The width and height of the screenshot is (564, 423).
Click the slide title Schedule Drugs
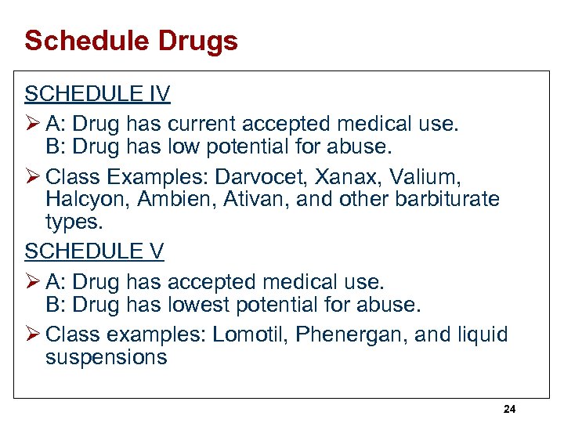[131, 41]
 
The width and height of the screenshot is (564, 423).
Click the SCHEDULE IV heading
[97, 95]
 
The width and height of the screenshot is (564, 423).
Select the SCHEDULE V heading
[95, 251]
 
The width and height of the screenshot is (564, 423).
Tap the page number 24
[509, 409]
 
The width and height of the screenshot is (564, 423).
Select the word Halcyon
[84, 200]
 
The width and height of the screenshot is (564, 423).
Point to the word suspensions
[106, 359]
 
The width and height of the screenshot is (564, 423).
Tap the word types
[74, 223]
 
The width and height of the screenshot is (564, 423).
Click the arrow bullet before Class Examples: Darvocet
[32, 176]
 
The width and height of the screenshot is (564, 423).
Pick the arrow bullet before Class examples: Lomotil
[32, 335]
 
